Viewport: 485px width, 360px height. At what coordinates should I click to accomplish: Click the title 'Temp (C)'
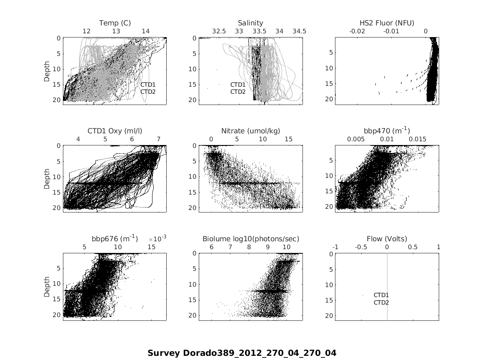pos(115,23)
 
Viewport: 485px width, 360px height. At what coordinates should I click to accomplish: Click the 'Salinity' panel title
pos(250,23)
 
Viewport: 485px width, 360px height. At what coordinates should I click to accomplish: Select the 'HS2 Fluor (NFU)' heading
pos(387,23)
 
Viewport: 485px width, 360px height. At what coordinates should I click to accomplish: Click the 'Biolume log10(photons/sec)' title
pos(251,239)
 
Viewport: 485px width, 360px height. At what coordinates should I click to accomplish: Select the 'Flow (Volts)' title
pos(387,239)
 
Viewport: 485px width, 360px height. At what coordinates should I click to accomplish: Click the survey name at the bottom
pos(242,353)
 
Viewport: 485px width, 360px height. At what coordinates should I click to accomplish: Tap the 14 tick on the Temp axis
pos(145,31)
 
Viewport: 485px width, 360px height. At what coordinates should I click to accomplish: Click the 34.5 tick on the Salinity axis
pos(299,31)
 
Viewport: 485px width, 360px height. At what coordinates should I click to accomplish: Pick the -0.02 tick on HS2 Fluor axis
pos(357,31)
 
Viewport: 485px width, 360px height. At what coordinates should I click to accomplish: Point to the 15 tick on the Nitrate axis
pos(289,139)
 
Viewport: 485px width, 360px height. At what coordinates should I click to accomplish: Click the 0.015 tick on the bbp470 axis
pos(417,139)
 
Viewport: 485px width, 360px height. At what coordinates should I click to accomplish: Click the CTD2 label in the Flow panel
pos(381,302)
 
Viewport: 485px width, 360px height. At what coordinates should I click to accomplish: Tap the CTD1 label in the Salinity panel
pos(238,85)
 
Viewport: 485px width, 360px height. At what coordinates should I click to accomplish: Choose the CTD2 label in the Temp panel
pos(148,91)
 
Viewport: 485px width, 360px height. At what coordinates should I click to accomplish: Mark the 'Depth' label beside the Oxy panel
pos(47,179)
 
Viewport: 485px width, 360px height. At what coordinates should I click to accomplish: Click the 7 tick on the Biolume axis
pos(230,247)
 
